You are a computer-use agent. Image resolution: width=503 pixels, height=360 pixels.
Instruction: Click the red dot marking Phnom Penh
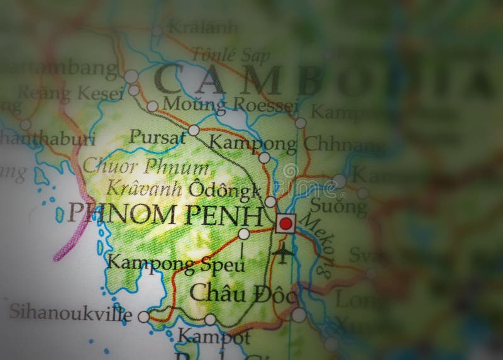point(286,223)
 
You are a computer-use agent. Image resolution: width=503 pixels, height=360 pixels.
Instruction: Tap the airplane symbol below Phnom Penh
point(285,253)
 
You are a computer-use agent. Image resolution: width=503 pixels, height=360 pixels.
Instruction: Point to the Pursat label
point(157,137)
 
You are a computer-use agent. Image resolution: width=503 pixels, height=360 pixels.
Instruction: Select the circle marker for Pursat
point(194,130)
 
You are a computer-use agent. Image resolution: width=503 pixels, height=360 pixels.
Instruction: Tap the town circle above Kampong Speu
point(244,234)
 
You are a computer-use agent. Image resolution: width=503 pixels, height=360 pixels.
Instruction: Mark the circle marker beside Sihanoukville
point(143,317)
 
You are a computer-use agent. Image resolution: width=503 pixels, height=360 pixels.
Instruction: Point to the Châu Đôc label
point(242,293)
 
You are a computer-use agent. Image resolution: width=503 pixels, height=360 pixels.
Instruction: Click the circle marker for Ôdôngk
point(270,202)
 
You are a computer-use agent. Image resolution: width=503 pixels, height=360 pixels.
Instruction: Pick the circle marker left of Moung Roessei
point(152,106)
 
